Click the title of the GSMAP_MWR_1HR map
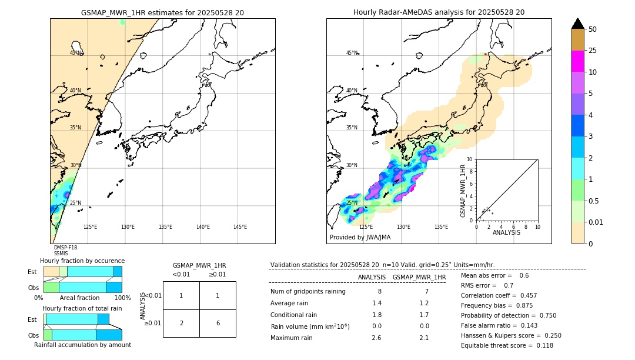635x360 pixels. click(162, 12)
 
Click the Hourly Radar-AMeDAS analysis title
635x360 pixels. click(439, 12)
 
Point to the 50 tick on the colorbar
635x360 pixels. click(593, 29)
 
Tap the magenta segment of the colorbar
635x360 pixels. click(577, 61)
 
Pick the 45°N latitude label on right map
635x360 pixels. click(352, 53)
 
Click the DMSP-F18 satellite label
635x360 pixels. click(65, 248)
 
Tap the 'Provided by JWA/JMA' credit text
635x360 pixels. click(360, 238)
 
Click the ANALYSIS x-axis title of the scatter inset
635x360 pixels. click(506, 232)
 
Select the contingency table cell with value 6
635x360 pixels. click(218, 323)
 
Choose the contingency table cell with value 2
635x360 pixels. click(181, 323)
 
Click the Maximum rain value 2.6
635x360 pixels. click(377, 338)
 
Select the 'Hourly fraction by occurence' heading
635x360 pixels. click(82, 261)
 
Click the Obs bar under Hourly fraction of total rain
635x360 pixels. click(82, 335)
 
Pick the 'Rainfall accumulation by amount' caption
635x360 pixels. click(82, 345)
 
